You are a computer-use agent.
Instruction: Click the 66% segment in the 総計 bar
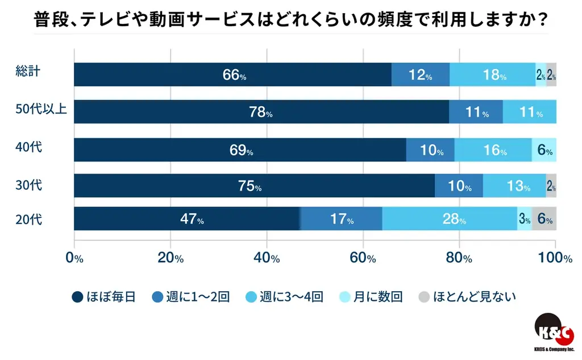click(x=232, y=75)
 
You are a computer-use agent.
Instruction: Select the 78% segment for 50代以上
click(x=261, y=112)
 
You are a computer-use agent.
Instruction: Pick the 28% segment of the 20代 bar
click(x=450, y=219)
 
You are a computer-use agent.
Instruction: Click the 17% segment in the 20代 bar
click(x=341, y=219)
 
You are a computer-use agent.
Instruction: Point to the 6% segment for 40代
click(x=544, y=150)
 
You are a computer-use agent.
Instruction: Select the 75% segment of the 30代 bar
click(x=254, y=186)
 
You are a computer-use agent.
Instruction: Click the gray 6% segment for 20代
click(x=544, y=219)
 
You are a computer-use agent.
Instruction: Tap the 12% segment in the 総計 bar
click(x=421, y=75)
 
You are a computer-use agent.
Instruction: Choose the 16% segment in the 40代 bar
click(x=493, y=150)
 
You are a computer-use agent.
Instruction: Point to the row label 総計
click(x=27, y=72)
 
